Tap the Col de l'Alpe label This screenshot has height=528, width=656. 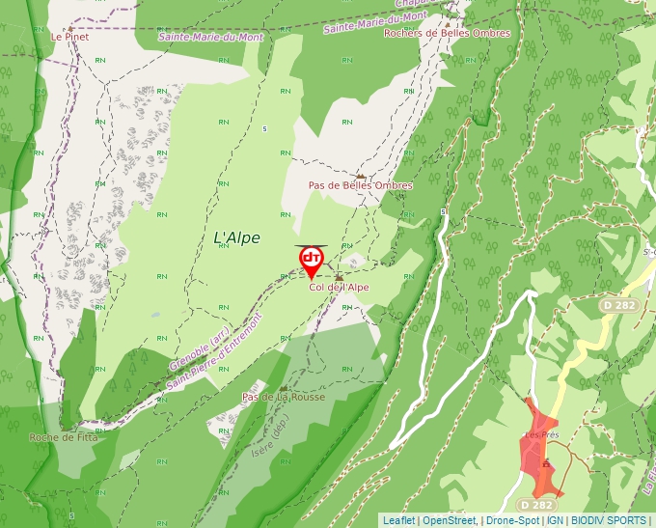tap(339, 288)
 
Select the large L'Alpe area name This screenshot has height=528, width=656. tap(236, 238)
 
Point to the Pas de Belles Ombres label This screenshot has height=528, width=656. tap(360, 185)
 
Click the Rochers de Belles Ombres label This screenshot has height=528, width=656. tap(447, 33)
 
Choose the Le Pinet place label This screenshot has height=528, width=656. tap(69, 37)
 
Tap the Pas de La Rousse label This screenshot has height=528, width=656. tap(283, 397)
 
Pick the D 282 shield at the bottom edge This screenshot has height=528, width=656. tap(535, 505)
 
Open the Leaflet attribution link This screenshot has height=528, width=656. tap(398, 520)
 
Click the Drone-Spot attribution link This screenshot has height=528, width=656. tap(513, 520)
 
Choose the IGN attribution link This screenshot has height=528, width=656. tap(555, 520)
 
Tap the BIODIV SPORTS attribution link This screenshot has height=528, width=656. tap(608, 520)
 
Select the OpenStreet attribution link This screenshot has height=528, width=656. tap(451, 520)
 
